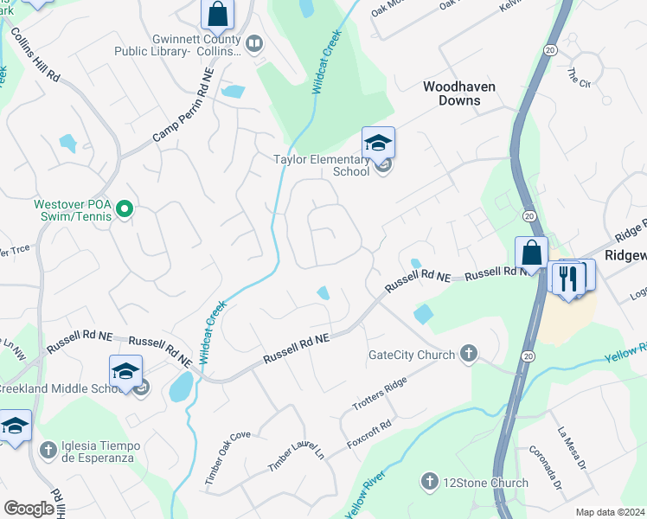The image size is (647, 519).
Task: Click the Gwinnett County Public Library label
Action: point(179,45)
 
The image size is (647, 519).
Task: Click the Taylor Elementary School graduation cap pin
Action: point(378,143)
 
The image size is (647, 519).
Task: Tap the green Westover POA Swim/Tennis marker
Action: point(125,208)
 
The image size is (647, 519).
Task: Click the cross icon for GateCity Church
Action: point(468,353)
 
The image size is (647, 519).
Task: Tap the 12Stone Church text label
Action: point(486,483)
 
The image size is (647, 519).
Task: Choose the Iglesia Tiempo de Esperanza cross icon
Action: point(49,449)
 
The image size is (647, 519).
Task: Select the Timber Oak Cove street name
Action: point(227,458)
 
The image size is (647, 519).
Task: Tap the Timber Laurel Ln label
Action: point(295,453)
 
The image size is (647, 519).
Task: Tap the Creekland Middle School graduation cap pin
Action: point(125,371)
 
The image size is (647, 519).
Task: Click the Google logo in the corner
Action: point(29,509)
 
